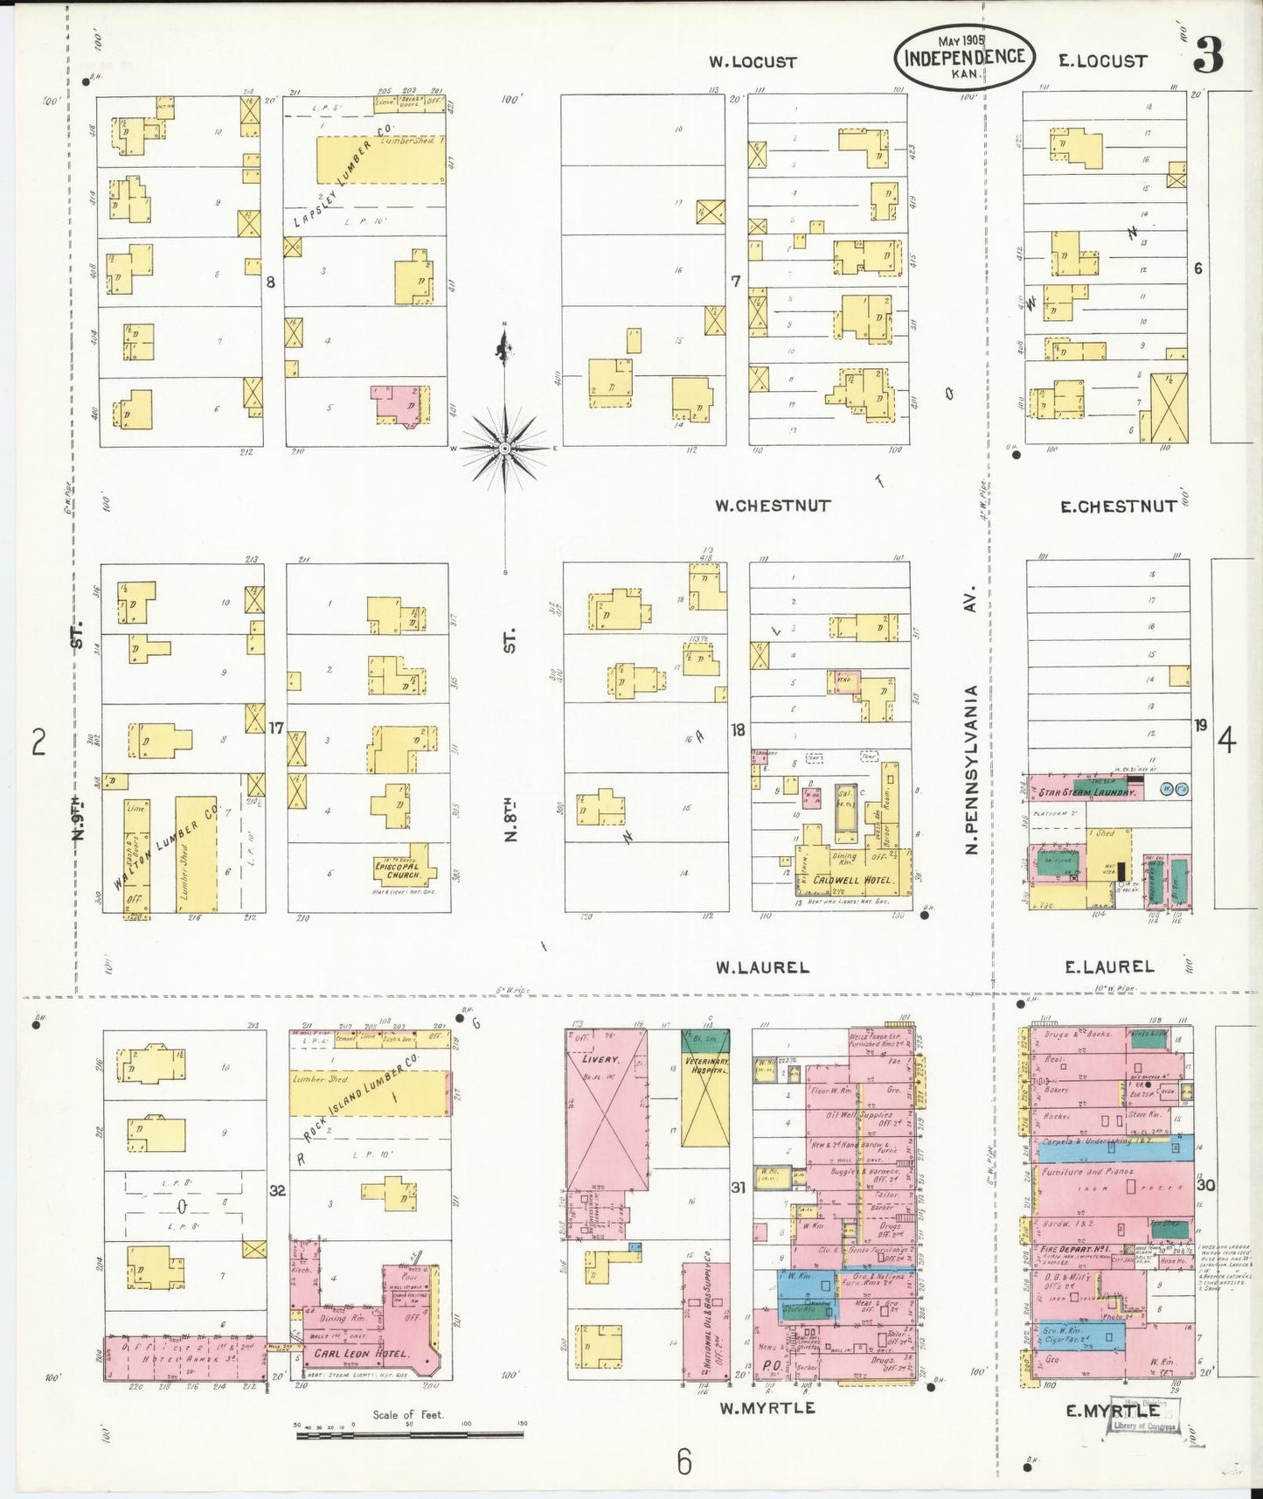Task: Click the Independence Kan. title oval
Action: point(964,56)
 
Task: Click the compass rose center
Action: point(504,448)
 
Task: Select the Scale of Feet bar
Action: point(409,1434)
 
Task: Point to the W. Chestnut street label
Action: point(773,505)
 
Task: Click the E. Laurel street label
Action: point(1109,966)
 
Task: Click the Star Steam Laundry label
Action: point(1088,792)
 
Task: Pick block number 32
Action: point(278,1190)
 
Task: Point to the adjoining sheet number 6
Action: point(684,1461)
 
